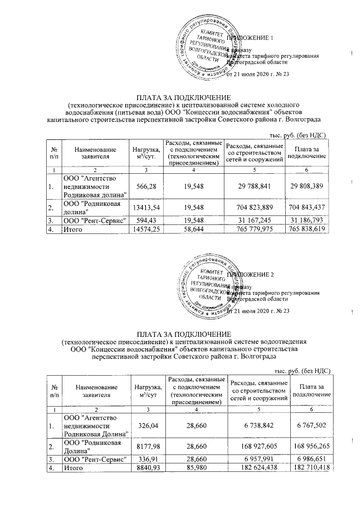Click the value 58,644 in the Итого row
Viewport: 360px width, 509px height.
tap(193, 229)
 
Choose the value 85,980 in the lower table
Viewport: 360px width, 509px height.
tap(193, 468)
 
